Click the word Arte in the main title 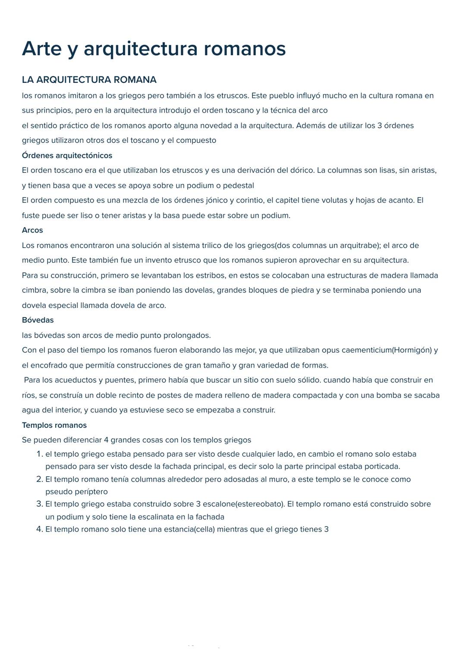click(42, 49)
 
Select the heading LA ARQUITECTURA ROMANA click(89, 80)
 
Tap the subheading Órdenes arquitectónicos click(67, 155)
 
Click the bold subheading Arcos click(32, 230)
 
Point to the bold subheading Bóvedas click(38, 320)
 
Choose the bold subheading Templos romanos click(54, 425)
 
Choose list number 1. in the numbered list click(39, 454)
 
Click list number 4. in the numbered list click(39, 529)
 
